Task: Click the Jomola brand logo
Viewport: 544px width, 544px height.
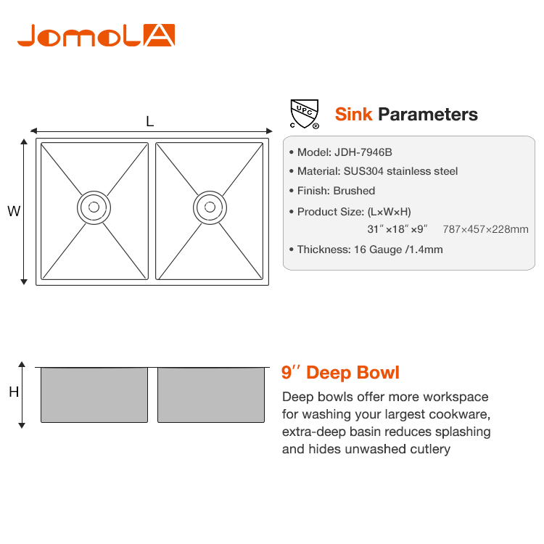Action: pyautogui.click(x=96, y=36)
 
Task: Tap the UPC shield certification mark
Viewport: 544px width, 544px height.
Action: pyautogui.click(x=305, y=114)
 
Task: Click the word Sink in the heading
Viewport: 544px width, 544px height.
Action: pyautogui.click(x=353, y=114)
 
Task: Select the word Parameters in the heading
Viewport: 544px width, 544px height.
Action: pyautogui.click(x=428, y=114)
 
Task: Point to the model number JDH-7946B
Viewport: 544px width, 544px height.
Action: pyautogui.click(x=363, y=152)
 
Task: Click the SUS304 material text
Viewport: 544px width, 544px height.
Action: pyautogui.click(x=363, y=171)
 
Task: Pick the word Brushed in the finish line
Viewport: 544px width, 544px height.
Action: pyautogui.click(x=354, y=191)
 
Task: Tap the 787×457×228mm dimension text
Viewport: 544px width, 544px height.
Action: pyautogui.click(x=486, y=229)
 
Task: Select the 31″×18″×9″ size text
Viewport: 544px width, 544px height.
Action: pyautogui.click(x=397, y=229)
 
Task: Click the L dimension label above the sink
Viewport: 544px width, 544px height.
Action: pyautogui.click(x=150, y=121)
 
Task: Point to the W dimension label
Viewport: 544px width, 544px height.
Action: pyautogui.click(x=14, y=211)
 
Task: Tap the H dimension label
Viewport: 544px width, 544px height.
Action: pyautogui.click(x=14, y=392)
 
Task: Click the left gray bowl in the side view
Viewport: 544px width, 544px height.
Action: pyautogui.click(x=94, y=395)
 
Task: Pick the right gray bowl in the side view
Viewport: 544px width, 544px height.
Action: pyautogui.click(x=211, y=395)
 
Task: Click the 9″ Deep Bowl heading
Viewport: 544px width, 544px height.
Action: pyautogui.click(x=340, y=373)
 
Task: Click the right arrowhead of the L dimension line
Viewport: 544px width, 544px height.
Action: pyautogui.click(x=269, y=131)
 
